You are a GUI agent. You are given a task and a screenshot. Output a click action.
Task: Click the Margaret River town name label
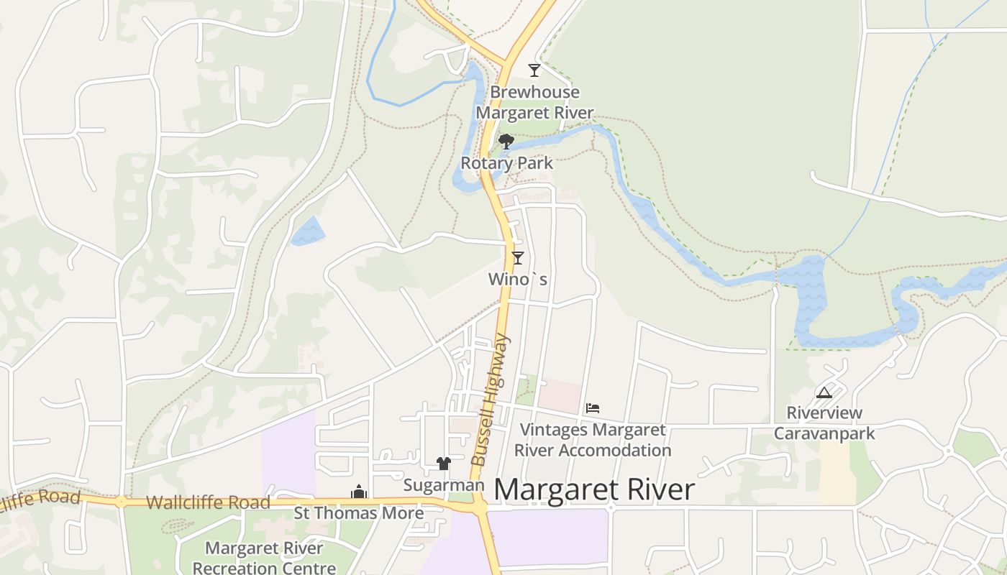coord(594,490)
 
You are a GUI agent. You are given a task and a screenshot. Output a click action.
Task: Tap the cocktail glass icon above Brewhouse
coord(534,70)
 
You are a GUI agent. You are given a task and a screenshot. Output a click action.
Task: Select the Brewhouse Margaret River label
coord(534,103)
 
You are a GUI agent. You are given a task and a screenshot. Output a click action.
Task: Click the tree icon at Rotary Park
coord(506,141)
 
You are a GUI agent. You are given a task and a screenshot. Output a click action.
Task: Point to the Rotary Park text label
coord(507,163)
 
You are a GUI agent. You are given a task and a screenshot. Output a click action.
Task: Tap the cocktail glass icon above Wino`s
coord(517,257)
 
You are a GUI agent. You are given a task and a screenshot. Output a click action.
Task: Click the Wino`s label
coord(518,279)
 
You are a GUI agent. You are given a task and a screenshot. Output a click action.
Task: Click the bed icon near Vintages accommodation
coord(593,408)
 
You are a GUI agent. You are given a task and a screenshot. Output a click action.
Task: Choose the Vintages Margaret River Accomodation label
coord(593,440)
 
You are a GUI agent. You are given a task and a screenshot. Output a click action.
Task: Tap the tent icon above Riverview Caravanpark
coord(824,392)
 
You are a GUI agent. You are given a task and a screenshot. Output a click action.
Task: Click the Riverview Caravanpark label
coord(824,423)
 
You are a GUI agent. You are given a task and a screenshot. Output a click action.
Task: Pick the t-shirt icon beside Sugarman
coord(443,464)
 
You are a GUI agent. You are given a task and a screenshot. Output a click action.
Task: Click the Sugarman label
coord(443,485)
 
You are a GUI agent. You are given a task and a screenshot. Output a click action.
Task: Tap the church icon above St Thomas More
coord(358,492)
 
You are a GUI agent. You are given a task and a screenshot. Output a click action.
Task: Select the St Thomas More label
coord(358,513)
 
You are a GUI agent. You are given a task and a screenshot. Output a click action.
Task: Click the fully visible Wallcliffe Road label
coord(208,502)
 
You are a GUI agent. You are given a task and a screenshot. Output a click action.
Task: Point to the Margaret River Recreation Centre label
coord(265,558)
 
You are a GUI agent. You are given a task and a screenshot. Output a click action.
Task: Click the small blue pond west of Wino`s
coord(308,231)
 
